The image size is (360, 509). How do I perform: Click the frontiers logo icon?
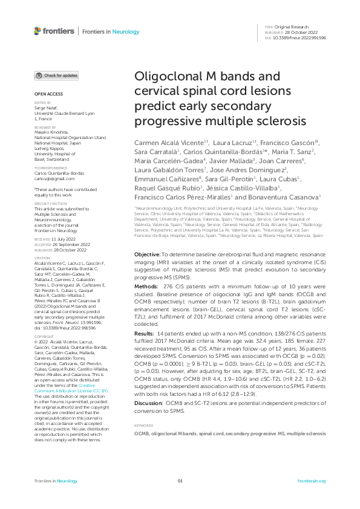click(x=38, y=30)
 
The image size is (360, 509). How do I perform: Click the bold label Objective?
click(x=147, y=256)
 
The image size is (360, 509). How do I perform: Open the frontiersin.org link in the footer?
click(x=312, y=481)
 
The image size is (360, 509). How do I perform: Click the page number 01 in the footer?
click(x=180, y=481)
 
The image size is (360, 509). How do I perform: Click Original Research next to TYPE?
click(x=292, y=27)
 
